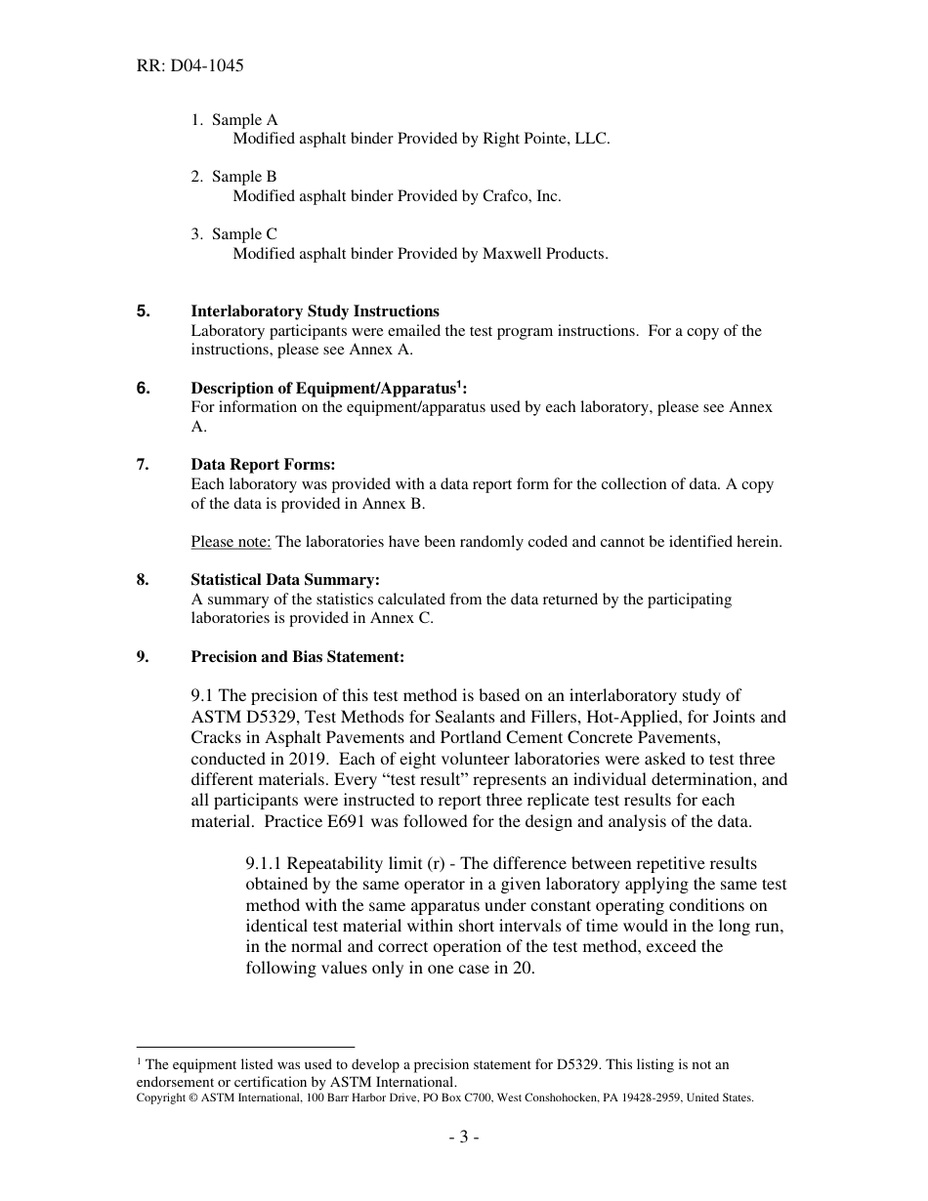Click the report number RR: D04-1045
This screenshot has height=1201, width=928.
pyautogui.click(x=190, y=66)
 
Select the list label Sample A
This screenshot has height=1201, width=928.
pyautogui.click(x=244, y=120)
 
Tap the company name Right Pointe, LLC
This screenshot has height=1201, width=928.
pyautogui.click(x=546, y=139)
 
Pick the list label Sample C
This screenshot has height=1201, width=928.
pyautogui.click(x=244, y=234)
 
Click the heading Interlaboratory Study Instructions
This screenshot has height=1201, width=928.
pyautogui.click(x=315, y=311)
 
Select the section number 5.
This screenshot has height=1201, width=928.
pyautogui.click(x=144, y=311)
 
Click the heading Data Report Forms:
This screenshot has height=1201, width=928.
pyautogui.click(x=263, y=465)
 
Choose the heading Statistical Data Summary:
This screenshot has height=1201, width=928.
pyautogui.click(x=285, y=580)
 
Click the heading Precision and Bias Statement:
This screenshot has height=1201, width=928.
pyautogui.click(x=297, y=657)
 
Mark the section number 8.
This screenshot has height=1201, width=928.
pyautogui.click(x=144, y=580)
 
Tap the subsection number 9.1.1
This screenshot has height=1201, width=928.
pyautogui.click(x=265, y=863)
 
